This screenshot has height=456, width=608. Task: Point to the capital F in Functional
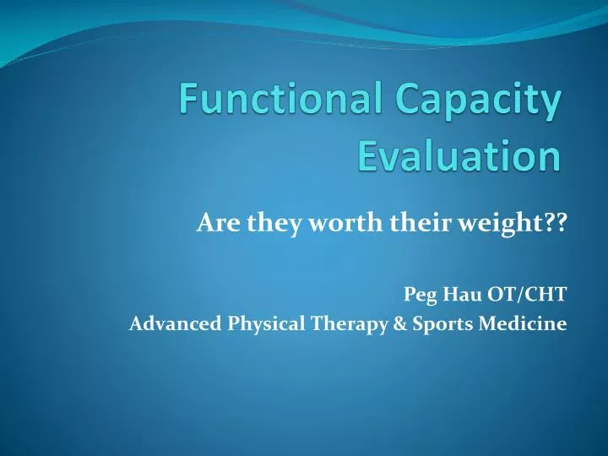point(190,105)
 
